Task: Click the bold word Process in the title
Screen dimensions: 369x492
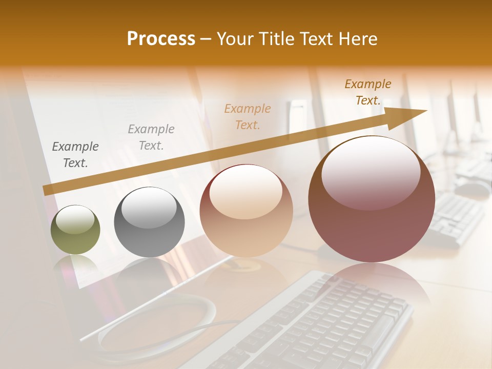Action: coord(161,39)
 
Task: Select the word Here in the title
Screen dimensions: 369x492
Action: coord(358,39)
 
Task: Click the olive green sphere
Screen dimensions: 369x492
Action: coord(75,230)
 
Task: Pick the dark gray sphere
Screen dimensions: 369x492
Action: coord(149,222)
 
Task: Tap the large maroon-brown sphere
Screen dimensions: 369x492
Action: coord(371,199)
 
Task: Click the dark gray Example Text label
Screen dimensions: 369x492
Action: coord(75,155)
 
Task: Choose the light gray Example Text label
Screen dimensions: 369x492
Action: coord(151,137)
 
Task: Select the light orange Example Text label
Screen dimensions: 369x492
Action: coord(248,116)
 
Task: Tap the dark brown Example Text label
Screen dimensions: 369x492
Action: coord(368,92)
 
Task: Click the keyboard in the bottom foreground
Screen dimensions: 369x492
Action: coord(318,323)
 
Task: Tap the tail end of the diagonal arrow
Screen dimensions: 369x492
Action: coord(46,190)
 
